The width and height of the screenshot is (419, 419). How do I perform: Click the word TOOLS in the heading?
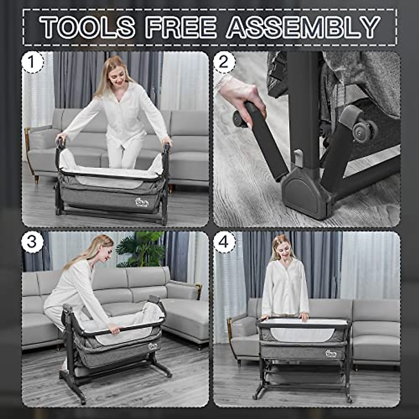[x=87, y=27]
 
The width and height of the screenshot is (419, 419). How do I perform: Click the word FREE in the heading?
[x=181, y=27]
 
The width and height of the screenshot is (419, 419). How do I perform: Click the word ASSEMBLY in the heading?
[x=303, y=27]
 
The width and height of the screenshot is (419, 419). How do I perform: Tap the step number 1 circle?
[x=32, y=63]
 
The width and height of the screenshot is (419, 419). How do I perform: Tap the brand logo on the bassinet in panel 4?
[x=330, y=354]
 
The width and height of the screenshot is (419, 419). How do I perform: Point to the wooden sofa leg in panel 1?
[x=36, y=179]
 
